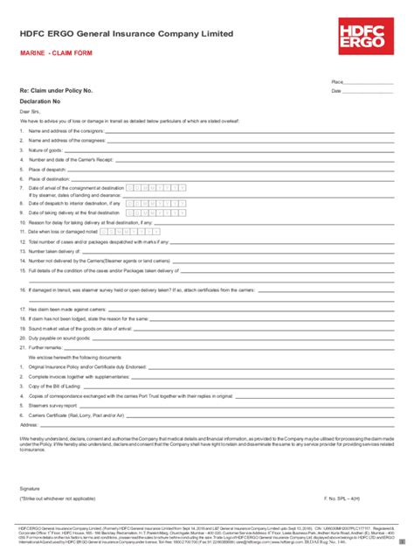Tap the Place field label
(336, 81)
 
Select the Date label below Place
(335, 90)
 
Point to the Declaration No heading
(40, 100)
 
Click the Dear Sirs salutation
(30, 110)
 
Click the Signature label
(30, 487)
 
